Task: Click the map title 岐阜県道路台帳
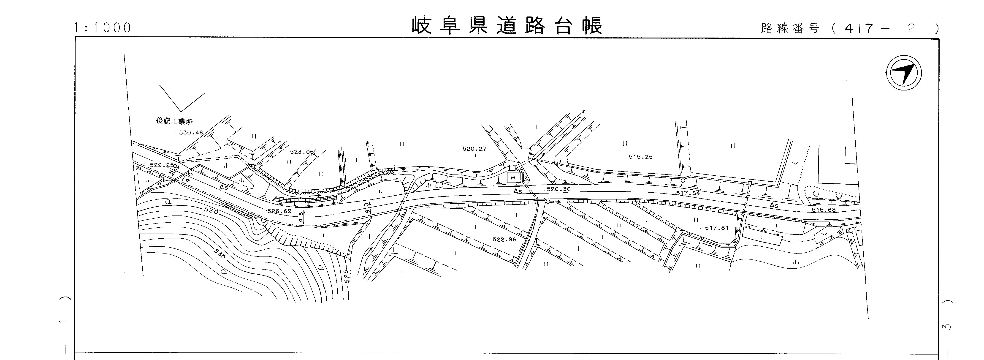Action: pyautogui.click(x=507, y=26)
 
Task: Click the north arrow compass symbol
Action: pyautogui.click(x=904, y=73)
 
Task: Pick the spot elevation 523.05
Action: pyautogui.click(x=301, y=152)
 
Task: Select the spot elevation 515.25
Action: pyautogui.click(x=641, y=157)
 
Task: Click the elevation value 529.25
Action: pyautogui.click(x=162, y=165)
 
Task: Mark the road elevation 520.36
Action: pyautogui.click(x=558, y=189)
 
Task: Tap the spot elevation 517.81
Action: pyautogui.click(x=717, y=228)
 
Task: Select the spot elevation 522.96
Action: pyautogui.click(x=504, y=240)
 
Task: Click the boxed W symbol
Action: pyautogui.click(x=513, y=178)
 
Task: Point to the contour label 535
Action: pyautogui.click(x=220, y=254)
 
